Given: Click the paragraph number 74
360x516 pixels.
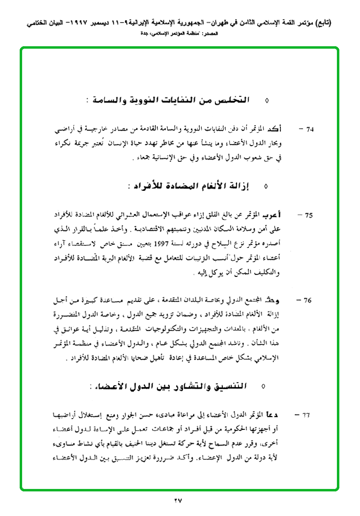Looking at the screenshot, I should tap(309, 130).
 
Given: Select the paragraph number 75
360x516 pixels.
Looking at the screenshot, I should tap(309, 215).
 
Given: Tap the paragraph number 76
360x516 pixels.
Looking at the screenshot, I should tap(309, 300).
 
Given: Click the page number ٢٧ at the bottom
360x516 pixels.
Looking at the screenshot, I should tap(178, 501).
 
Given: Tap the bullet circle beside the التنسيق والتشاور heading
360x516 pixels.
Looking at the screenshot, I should tap(264, 387).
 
